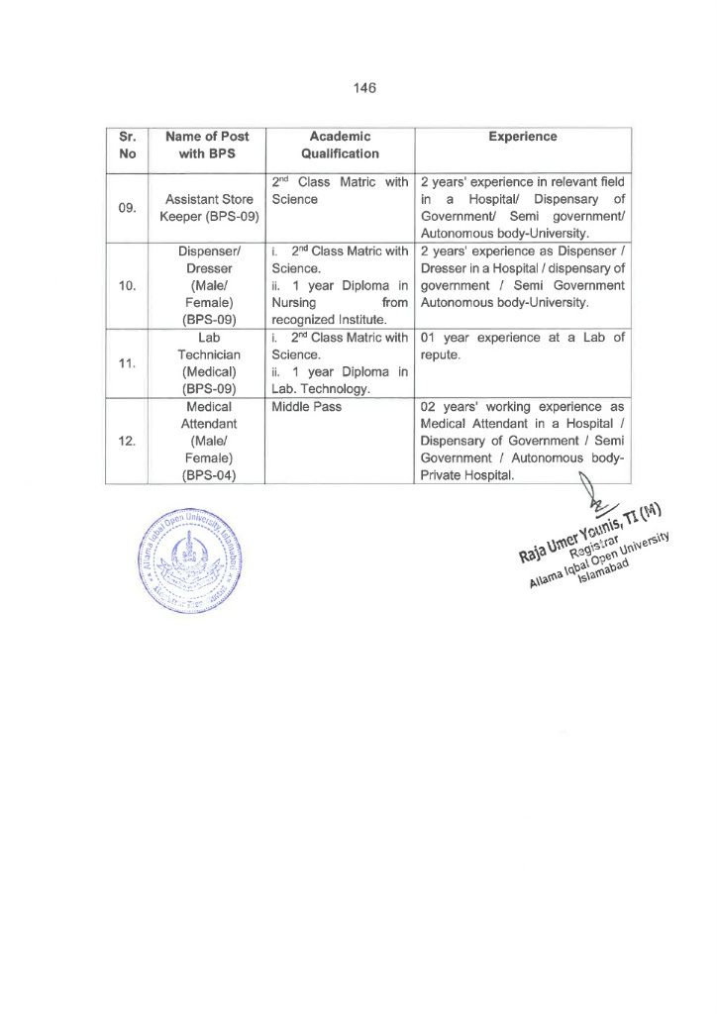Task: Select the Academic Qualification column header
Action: (x=340, y=145)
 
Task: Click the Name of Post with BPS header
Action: (x=207, y=145)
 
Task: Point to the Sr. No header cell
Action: (x=128, y=145)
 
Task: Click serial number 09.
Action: (x=128, y=208)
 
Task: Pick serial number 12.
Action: (x=128, y=441)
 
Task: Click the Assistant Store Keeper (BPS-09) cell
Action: (x=207, y=208)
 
